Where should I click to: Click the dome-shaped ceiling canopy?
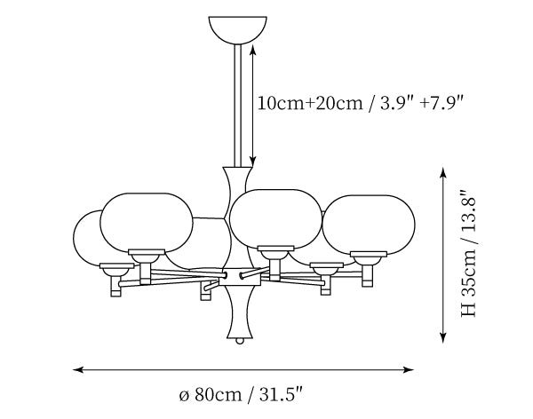[x=237, y=29]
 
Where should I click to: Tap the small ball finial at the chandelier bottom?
[x=240, y=341]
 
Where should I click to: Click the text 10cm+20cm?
[x=310, y=103]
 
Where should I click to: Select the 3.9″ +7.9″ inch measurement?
[x=422, y=103]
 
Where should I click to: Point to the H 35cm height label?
[x=469, y=282]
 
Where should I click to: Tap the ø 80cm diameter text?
[x=211, y=394]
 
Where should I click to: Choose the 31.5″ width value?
[x=281, y=394]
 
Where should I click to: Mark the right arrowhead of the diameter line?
[x=409, y=369]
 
